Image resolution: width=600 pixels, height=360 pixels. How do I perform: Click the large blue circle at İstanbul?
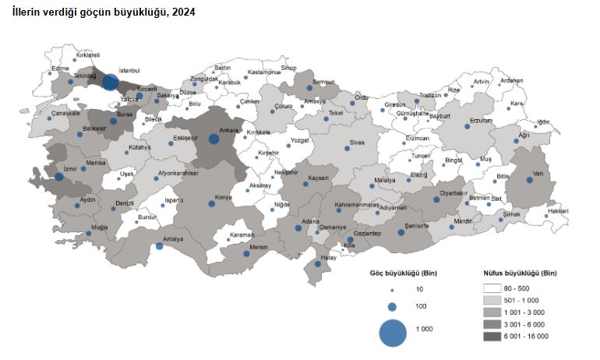pyautogui.click(x=111, y=82)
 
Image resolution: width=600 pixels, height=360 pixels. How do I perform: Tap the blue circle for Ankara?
pyautogui.click(x=214, y=139)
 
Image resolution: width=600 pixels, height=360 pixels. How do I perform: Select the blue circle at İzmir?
pyautogui.click(x=59, y=177)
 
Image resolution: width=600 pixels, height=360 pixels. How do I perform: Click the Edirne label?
pyautogui.click(x=61, y=69)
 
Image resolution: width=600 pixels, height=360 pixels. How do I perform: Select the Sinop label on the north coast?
pyautogui.click(x=289, y=68)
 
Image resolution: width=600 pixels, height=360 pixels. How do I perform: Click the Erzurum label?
pyautogui.click(x=482, y=121)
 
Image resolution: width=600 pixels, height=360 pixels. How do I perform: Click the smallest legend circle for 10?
pyautogui.click(x=393, y=289)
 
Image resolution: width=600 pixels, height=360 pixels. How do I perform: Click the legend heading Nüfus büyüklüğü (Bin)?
pyautogui.click(x=515, y=274)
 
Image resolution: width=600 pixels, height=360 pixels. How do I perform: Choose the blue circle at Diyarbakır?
pyautogui.click(x=437, y=199)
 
